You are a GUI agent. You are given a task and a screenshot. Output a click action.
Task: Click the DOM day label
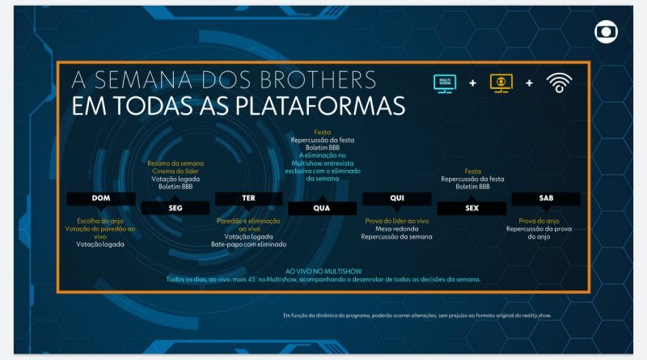tap(101, 198)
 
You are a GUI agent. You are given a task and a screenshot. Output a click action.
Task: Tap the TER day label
tap(248, 198)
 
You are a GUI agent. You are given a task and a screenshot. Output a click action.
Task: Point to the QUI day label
tap(395, 198)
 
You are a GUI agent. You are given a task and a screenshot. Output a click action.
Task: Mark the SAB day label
tap(546, 198)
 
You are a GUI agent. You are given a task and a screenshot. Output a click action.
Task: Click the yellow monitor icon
tap(502, 83)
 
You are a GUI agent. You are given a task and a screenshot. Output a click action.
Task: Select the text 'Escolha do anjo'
tap(100, 220)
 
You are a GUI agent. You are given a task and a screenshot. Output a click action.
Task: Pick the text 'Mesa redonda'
tap(396, 228)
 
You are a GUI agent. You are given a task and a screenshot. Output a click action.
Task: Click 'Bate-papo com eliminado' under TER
tap(249, 244)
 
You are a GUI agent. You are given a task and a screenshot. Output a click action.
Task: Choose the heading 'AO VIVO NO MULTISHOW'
tap(323, 271)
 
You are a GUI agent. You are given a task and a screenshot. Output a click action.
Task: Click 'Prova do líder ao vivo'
tap(396, 220)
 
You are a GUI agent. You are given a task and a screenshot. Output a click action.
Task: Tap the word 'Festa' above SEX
tap(473, 171)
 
